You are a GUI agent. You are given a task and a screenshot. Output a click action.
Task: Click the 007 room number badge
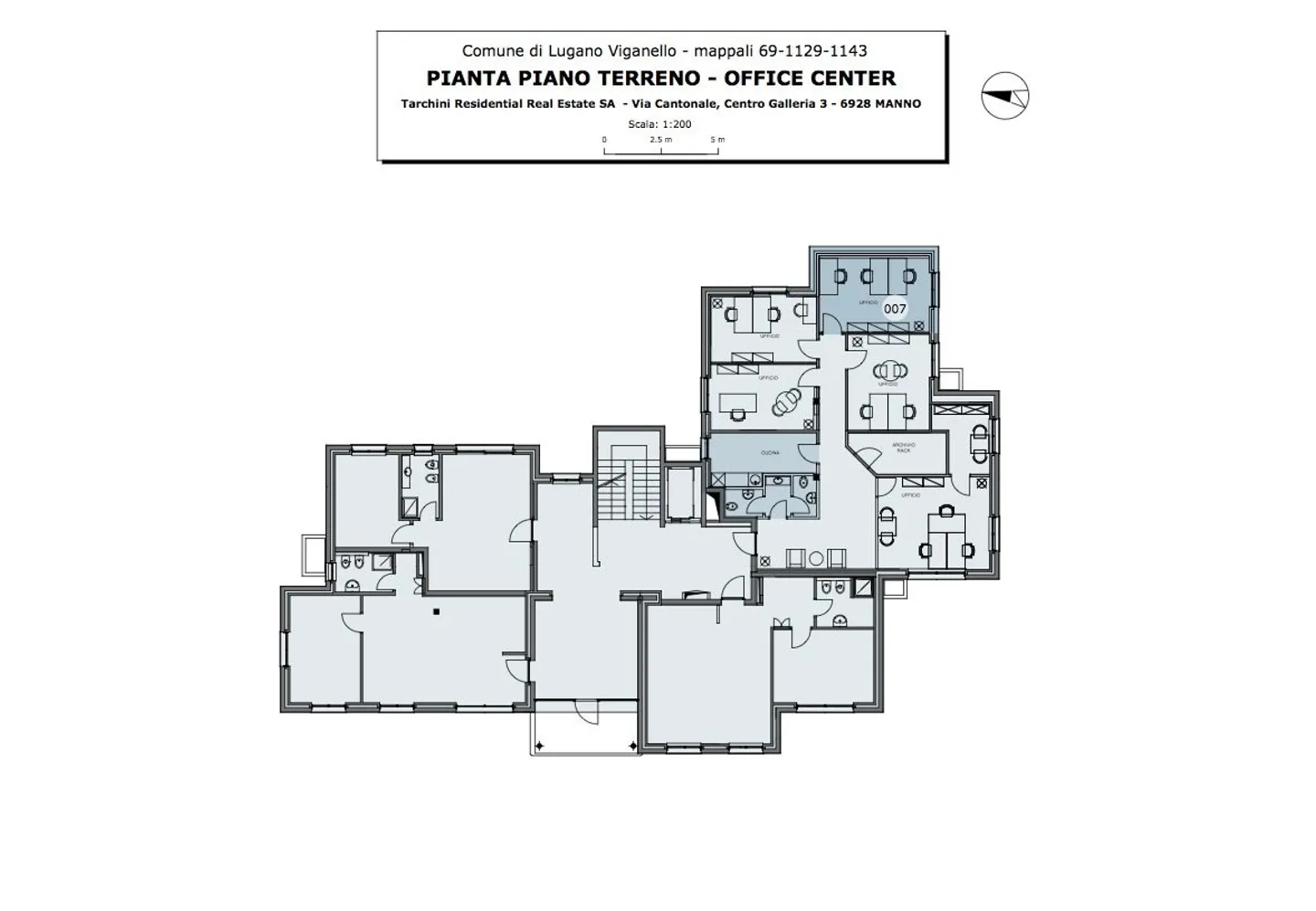coord(895,309)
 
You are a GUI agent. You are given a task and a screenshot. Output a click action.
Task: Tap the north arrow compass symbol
coord(1005,95)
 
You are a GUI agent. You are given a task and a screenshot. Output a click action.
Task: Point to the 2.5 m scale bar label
coord(661,140)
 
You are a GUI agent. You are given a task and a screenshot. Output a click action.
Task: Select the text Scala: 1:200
coord(660,124)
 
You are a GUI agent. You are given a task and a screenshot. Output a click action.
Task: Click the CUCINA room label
coord(769,452)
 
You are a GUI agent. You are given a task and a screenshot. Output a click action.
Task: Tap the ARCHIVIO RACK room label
coord(903,448)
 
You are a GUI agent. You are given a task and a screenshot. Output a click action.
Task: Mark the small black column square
coord(437,610)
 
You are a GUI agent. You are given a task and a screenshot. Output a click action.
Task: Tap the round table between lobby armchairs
coord(816,558)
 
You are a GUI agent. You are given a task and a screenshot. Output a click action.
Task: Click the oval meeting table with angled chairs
coord(786,401)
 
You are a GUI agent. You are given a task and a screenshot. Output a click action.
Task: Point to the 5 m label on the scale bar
coord(717,140)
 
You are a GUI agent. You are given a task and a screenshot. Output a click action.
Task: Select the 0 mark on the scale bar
coord(604,140)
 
